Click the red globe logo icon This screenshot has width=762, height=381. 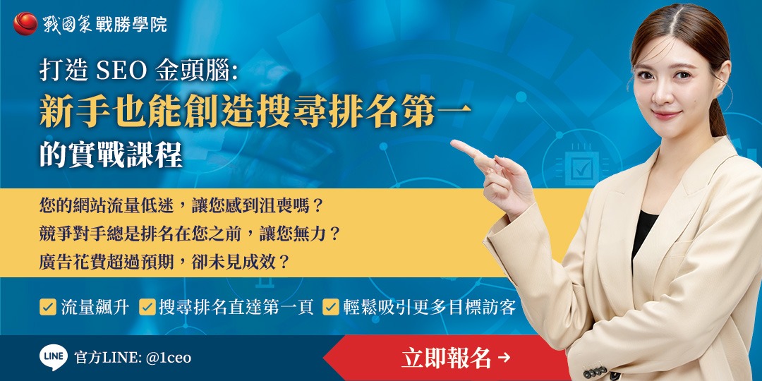tap(25, 23)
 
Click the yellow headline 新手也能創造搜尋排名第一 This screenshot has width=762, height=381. tap(255, 113)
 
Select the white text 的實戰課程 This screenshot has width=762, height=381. tap(111, 155)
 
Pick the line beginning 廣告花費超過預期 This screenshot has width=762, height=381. tap(164, 262)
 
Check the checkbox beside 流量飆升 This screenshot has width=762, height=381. tap(48, 307)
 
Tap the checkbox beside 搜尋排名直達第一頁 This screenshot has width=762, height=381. tap(147, 307)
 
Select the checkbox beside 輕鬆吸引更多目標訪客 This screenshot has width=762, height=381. tap(330, 307)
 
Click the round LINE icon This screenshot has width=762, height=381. tap(53, 358)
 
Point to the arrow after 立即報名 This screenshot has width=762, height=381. tap(504, 358)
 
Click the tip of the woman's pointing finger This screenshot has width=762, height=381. tap(454, 144)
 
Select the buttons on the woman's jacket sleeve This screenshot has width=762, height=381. tap(596, 371)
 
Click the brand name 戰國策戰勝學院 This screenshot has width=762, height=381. tap(106, 24)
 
